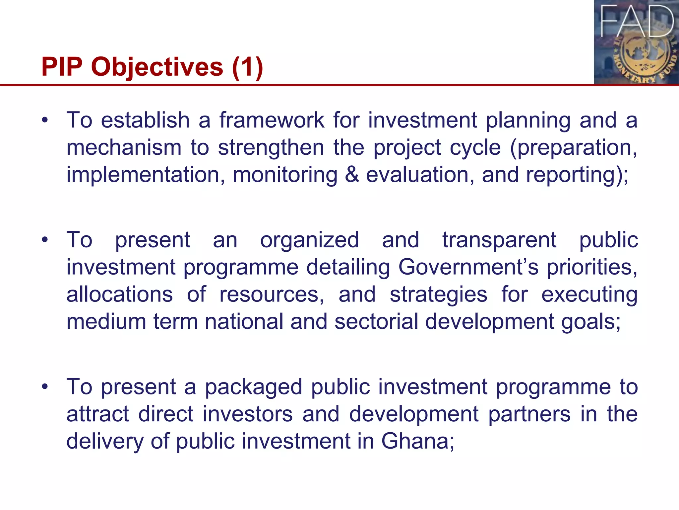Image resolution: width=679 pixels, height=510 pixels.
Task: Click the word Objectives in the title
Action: [157, 67]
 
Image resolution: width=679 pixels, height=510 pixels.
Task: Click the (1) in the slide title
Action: [247, 67]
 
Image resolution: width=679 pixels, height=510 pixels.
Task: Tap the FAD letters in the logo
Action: [637, 22]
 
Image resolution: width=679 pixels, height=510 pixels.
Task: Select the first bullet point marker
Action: [45, 120]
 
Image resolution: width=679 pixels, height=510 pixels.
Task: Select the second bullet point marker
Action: [45, 240]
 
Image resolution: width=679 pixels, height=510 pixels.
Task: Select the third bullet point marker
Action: [45, 387]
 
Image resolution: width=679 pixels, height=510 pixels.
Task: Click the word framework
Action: [272, 120]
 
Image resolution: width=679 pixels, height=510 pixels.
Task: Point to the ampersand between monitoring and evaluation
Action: [351, 175]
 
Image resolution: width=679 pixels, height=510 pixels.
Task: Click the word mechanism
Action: [124, 147]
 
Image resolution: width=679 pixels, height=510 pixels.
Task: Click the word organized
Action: [309, 240]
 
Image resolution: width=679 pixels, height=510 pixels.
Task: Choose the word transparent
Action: [499, 240]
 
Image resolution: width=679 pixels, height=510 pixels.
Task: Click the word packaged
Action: [254, 387]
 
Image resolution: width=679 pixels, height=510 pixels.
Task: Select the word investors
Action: [248, 414]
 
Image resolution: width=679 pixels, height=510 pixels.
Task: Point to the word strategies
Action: [438, 295]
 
